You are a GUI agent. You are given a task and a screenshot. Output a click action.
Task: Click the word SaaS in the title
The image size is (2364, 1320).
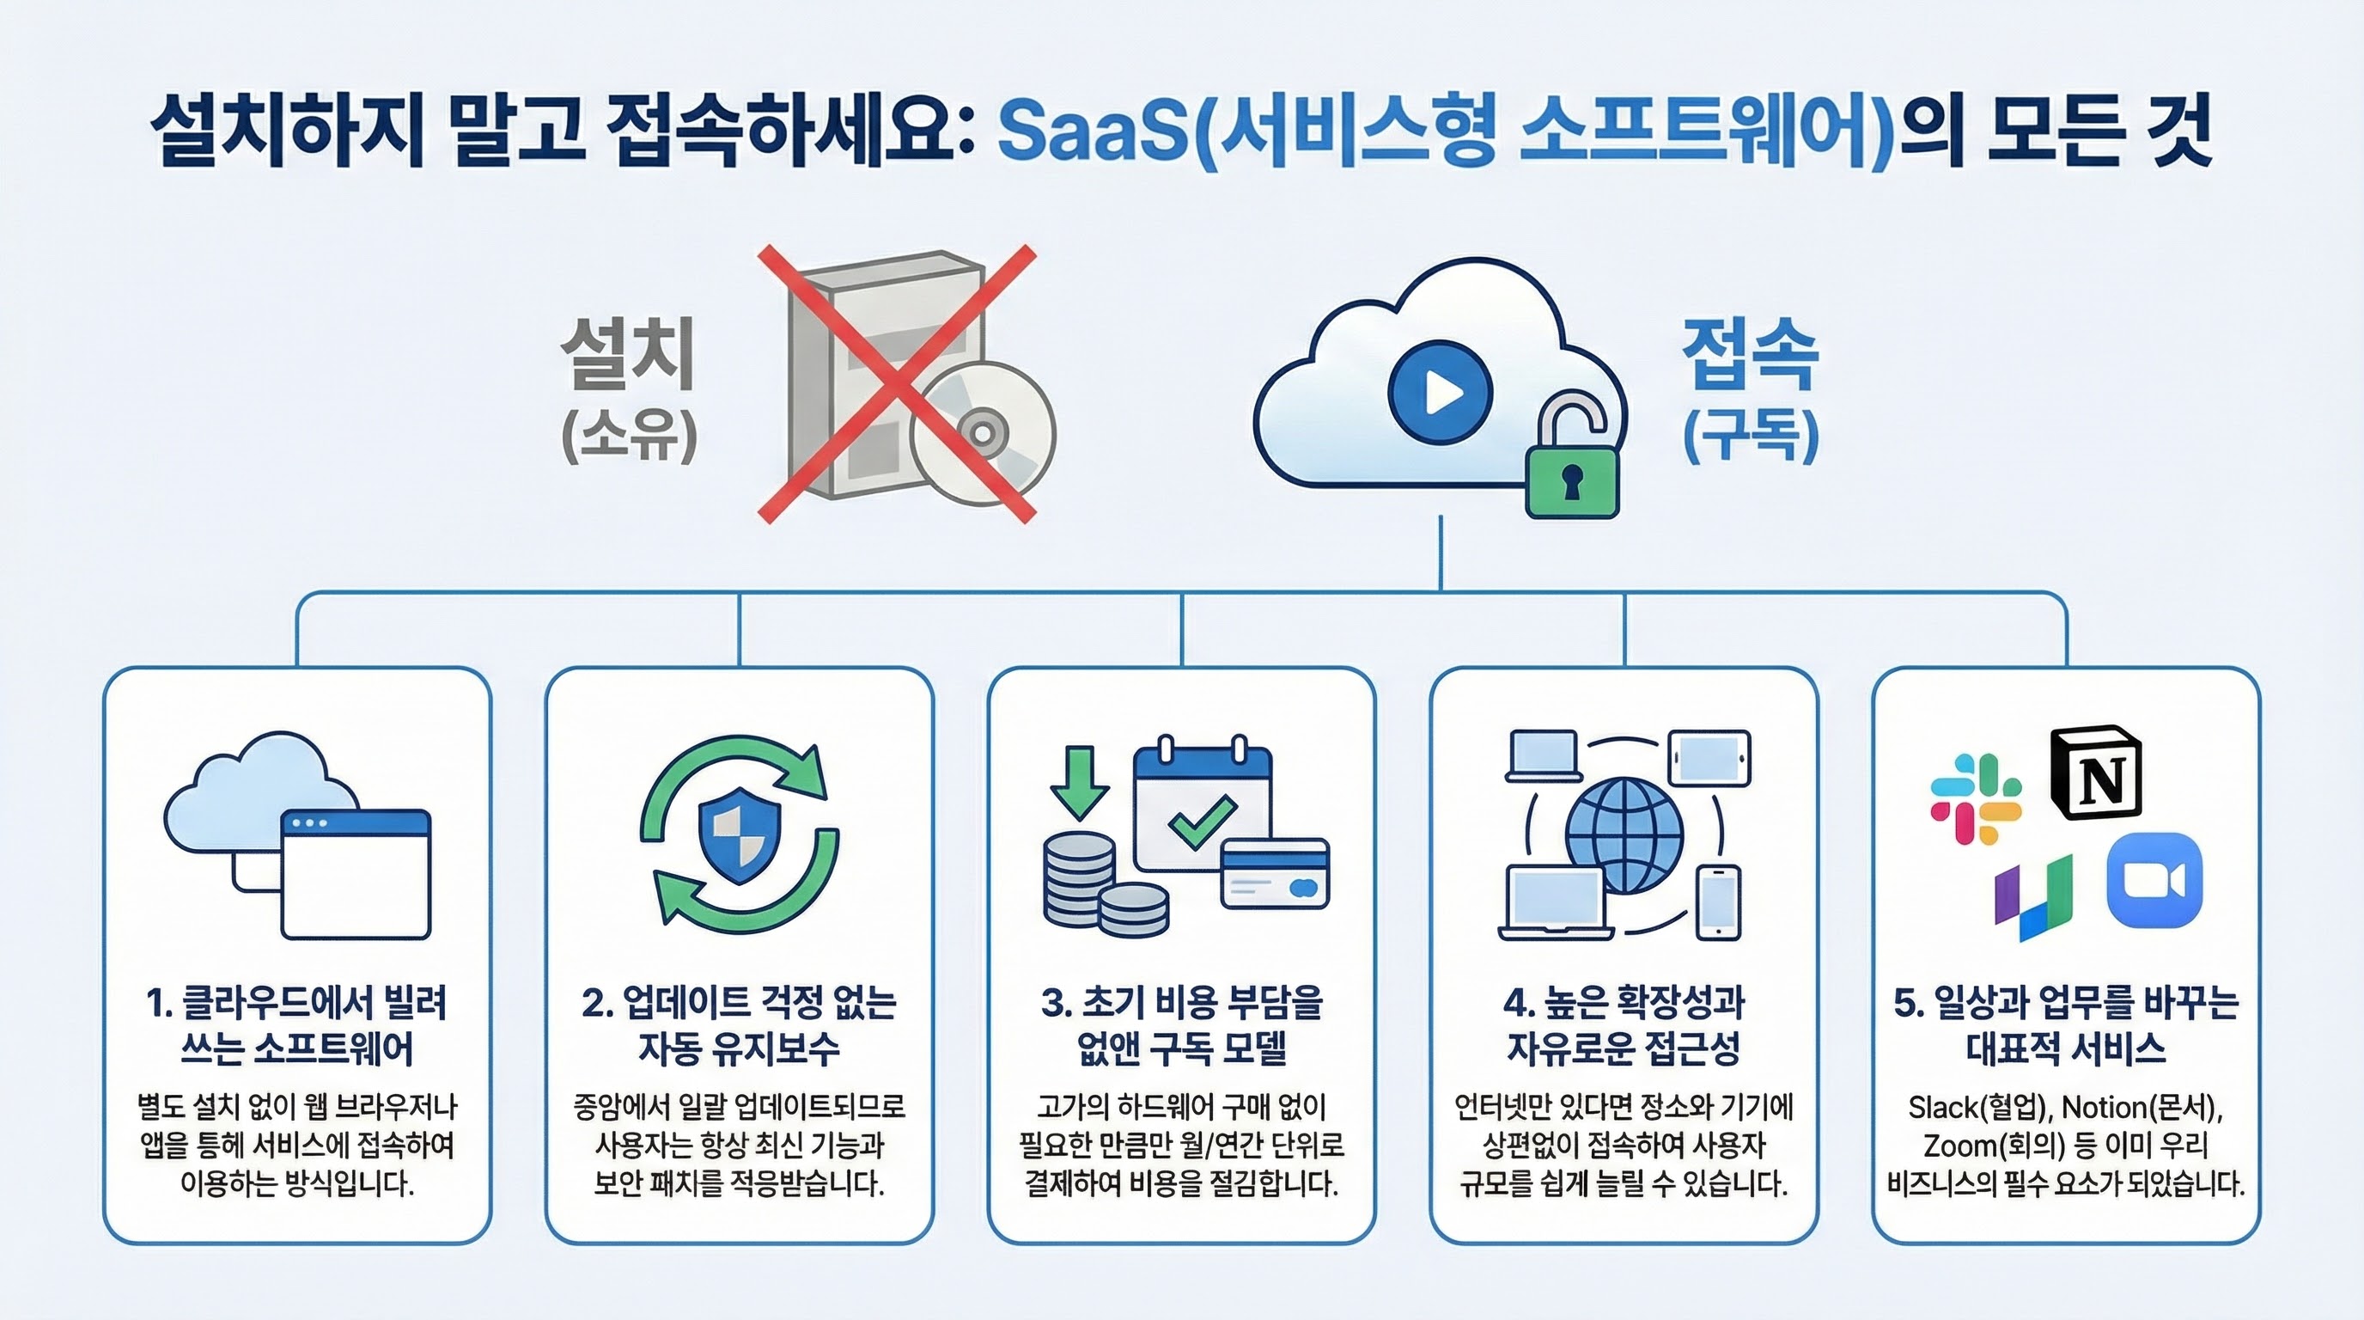(x=1092, y=134)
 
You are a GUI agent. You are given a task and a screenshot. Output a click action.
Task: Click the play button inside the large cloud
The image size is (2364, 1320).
(x=1440, y=393)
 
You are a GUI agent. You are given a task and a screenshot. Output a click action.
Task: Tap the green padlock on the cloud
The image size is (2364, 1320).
(x=1572, y=480)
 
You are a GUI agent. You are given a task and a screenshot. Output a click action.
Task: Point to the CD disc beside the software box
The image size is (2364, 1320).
(x=983, y=432)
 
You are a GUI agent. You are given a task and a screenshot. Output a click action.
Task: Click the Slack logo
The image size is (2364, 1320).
(x=1976, y=797)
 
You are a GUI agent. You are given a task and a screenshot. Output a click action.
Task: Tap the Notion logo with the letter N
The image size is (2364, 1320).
(x=2097, y=773)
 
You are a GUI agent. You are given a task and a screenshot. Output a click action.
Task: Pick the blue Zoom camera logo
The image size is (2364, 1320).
(x=2154, y=880)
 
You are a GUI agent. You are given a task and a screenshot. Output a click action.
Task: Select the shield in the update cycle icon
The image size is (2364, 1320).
(x=740, y=838)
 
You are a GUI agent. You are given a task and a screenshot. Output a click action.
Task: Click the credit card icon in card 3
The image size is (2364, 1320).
(x=1275, y=873)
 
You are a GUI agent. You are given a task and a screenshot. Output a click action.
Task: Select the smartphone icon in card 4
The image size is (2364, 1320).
(x=1718, y=902)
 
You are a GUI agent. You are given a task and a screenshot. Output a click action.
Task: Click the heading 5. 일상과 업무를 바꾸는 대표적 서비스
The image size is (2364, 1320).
(x=2066, y=1025)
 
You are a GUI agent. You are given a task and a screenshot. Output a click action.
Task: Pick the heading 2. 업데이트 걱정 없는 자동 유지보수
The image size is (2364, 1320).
(x=739, y=1025)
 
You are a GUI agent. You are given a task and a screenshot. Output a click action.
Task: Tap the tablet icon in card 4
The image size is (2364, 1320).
(x=1709, y=758)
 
